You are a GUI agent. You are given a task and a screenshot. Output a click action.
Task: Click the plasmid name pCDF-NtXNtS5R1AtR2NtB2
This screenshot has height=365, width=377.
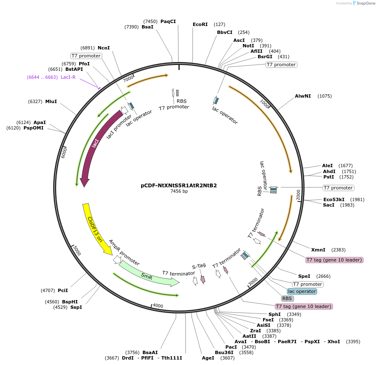[179, 185]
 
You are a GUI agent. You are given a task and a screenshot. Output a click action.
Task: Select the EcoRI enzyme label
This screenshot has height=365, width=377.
[200, 24]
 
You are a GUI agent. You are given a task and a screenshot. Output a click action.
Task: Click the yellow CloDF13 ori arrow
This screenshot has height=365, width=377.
[95, 228]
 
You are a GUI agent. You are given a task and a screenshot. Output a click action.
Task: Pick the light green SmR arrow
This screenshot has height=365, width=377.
[147, 275]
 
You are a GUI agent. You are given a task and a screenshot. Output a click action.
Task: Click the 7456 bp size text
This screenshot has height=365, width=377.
[179, 192]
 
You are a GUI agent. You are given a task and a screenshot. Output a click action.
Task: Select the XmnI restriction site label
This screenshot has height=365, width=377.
[319, 250]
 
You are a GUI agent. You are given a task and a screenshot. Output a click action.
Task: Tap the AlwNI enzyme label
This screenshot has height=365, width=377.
[303, 96]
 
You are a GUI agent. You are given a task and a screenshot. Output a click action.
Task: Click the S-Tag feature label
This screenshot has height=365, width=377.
[199, 266]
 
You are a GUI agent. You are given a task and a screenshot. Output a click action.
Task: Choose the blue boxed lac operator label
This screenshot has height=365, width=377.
[302, 291]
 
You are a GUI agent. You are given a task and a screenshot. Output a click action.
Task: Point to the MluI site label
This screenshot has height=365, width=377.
[51, 101]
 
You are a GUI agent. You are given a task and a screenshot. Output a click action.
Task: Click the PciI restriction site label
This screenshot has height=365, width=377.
[63, 290]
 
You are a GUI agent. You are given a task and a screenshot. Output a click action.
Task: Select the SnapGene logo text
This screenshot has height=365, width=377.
[364, 3]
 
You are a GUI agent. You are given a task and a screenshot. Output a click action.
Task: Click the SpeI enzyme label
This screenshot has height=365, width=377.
[304, 276]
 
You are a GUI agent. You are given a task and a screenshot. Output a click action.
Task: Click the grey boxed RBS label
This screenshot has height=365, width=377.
[287, 298]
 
